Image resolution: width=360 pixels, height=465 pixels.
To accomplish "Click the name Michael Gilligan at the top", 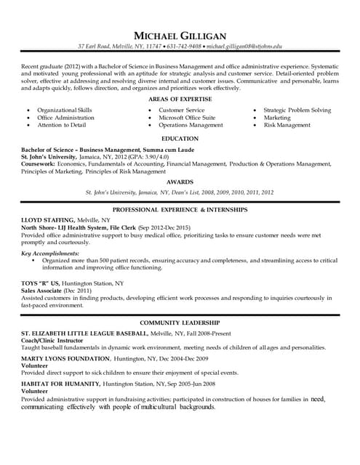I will (180, 36).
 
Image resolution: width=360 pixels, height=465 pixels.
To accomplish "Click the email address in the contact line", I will (244, 46).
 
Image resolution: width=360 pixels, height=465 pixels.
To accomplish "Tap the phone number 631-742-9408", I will (184, 46).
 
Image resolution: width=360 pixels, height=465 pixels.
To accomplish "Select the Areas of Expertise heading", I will (180, 98).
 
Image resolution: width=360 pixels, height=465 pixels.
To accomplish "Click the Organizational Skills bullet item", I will (65, 110).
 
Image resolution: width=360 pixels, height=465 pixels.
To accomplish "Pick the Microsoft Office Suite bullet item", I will (187, 117).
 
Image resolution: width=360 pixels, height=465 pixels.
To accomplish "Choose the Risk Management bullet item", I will (287, 125).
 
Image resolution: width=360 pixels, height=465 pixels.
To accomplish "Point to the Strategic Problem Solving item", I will (297, 110).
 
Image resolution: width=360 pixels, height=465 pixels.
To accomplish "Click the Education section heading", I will (180, 138).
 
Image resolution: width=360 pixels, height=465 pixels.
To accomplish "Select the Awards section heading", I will (180, 182).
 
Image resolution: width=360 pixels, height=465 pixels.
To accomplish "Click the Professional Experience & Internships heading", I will (180, 209).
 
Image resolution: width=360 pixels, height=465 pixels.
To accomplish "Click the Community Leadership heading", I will (180, 322).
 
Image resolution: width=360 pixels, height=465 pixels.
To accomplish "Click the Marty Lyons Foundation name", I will (64, 359).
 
